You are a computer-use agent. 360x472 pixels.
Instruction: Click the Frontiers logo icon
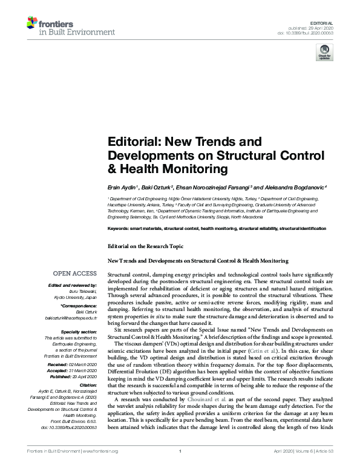31,24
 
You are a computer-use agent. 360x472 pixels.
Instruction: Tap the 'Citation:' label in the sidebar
87,385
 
